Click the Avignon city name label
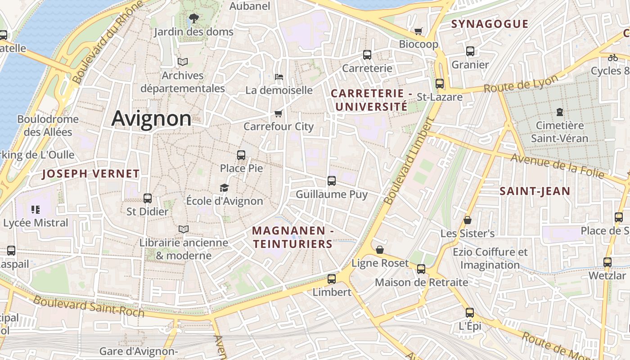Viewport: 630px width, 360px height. tap(151, 118)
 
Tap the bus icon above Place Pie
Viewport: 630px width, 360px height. tap(241, 155)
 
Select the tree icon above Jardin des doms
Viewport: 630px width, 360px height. tap(193, 18)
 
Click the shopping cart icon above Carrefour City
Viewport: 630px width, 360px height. tap(279, 113)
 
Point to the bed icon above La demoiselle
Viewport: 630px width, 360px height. tap(279, 77)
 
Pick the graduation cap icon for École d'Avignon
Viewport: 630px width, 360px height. tap(224, 188)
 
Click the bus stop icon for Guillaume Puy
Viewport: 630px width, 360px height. tap(332, 181)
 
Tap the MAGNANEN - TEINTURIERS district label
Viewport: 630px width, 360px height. tap(292, 237)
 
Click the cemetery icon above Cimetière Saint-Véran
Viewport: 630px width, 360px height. tap(560, 112)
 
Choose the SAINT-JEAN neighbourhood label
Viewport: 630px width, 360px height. tap(535, 191)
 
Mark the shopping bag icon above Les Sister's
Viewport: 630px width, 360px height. tap(468, 220)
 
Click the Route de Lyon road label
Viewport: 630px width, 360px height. tap(521, 84)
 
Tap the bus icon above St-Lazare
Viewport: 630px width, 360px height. tap(440, 84)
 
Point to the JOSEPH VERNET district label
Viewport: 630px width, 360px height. tap(91, 174)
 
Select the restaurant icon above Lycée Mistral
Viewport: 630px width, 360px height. tap(36, 209)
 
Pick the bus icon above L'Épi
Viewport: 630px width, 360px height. tap(470, 312)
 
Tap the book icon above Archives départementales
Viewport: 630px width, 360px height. tap(182, 62)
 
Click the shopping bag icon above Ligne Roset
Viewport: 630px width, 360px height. tap(380, 250)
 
